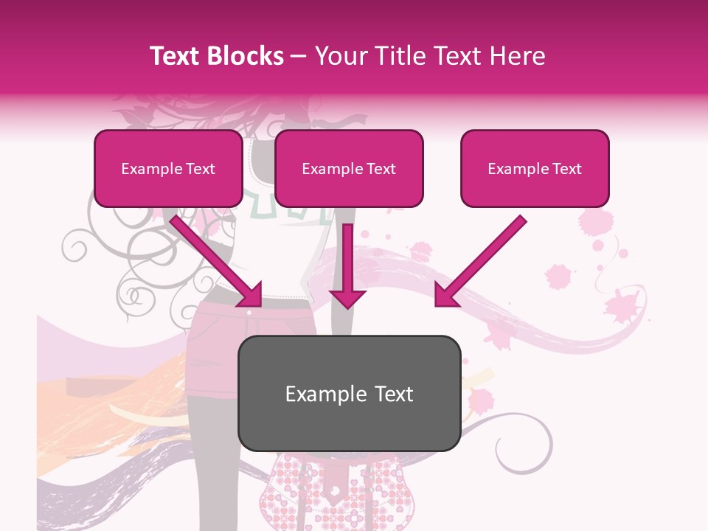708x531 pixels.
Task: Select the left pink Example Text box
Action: [x=168, y=168]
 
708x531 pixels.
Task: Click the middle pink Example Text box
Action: [x=349, y=168]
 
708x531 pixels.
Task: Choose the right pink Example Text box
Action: [x=535, y=168]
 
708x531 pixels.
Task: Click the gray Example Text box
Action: [x=349, y=393]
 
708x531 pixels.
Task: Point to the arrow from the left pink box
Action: [x=214, y=258]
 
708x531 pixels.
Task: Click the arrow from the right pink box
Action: [x=483, y=258]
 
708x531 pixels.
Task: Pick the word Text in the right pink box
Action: [x=566, y=169]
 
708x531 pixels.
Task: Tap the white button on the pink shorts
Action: [x=249, y=313]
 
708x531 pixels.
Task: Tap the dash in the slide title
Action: [x=299, y=57]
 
